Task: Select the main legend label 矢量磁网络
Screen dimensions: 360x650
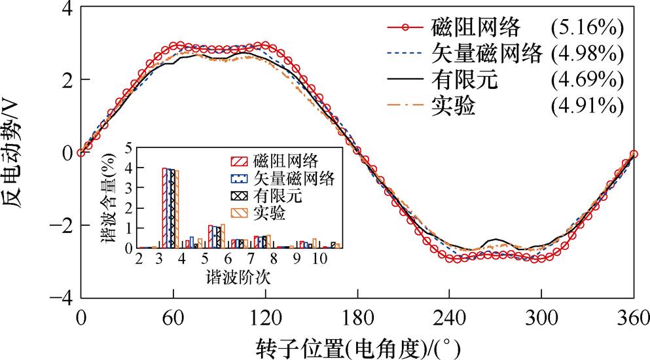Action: coord(488,54)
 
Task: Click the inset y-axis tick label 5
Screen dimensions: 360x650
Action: coord(129,147)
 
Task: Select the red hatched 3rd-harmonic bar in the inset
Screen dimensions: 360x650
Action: coord(165,207)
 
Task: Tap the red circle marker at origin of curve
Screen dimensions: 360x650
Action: coord(81,153)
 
